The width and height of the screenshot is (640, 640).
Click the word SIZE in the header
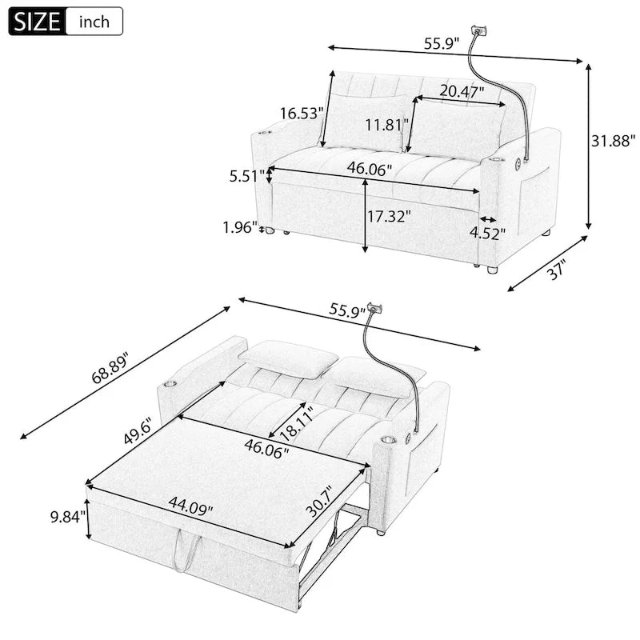point(34,21)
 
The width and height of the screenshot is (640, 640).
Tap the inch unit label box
point(94,21)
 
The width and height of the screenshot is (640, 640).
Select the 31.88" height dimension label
point(612,141)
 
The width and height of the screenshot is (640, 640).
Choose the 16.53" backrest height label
point(301,114)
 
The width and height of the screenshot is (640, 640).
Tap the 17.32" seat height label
point(390,216)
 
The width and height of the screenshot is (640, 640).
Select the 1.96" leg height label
point(239,227)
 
